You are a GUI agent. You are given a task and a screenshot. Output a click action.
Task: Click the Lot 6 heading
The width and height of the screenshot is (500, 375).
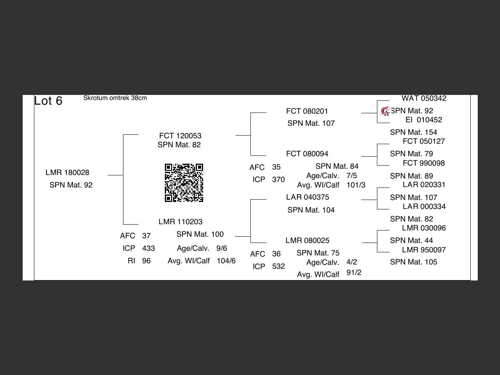tap(48, 101)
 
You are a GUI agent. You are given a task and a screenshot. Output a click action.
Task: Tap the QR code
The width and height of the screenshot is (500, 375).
tap(184, 183)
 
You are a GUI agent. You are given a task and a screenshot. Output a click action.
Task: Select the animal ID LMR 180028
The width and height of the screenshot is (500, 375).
tap(67, 173)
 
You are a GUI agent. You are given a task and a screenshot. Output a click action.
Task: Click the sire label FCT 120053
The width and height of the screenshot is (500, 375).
tap(180, 136)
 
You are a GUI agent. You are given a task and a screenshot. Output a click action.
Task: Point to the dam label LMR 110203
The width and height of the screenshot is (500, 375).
tap(180, 222)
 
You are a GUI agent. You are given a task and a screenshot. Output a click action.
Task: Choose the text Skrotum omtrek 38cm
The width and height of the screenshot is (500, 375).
tap(115, 98)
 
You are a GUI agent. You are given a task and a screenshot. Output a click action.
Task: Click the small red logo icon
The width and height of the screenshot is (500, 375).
tap(385, 111)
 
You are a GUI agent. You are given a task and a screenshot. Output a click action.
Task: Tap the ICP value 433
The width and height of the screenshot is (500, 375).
tap(148, 248)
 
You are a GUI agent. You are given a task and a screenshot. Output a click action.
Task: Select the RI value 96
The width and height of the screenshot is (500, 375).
tap(146, 261)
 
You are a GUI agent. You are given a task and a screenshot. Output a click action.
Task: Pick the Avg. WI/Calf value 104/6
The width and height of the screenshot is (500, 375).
tap(226, 261)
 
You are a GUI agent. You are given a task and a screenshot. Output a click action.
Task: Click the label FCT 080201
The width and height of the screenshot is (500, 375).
tap(307, 111)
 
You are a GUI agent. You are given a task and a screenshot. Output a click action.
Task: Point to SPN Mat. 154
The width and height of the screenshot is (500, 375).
tap(413, 132)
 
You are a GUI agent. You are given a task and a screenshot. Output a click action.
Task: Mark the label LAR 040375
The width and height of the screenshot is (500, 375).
tap(307, 197)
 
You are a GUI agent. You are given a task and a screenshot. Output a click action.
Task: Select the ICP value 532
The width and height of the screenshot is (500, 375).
tap(279, 266)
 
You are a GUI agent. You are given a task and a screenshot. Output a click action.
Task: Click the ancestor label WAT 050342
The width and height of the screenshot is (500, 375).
tap(424, 98)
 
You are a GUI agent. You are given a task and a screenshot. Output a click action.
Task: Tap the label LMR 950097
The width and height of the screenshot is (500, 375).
tap(424, 250)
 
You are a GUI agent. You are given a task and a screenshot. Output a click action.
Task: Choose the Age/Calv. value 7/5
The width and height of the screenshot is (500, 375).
tap(352, 176)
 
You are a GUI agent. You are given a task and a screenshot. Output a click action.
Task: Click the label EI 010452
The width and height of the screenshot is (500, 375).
tap(424, 120)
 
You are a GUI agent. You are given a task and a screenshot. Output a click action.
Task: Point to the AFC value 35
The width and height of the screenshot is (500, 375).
tap(276, 167)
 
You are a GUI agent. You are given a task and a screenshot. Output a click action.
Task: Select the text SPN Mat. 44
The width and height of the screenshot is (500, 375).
tap(411, 241)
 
